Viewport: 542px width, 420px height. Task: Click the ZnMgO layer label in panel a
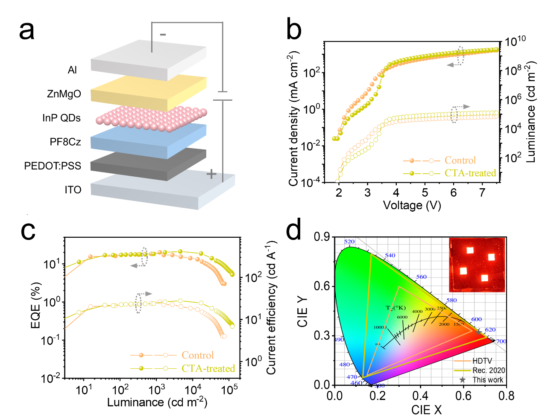click(64, 94)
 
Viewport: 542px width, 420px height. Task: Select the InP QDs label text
click(62, 118)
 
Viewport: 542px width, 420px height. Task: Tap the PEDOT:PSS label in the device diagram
click(53, 166)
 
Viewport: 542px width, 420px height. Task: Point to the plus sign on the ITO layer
click(211, 174)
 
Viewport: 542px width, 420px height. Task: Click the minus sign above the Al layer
click(163, 35)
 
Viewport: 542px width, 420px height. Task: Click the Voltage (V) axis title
click(412, 205)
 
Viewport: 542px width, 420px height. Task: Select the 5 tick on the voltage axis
click(425, 192)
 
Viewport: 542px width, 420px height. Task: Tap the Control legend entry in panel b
click(460, 160)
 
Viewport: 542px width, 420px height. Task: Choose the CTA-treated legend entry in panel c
click(208, 368)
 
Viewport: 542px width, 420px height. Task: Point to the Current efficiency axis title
click(272, 307)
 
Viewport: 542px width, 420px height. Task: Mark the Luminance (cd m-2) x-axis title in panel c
click(157, 402)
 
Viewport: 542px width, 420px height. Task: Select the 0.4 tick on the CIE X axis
click(420, 396)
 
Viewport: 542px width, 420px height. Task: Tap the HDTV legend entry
click(482, 361)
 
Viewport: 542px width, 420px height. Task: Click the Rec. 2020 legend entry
click(489, 370)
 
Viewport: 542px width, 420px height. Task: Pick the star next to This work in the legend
click(463, 379)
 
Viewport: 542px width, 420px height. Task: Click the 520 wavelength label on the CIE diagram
click(349, 242)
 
